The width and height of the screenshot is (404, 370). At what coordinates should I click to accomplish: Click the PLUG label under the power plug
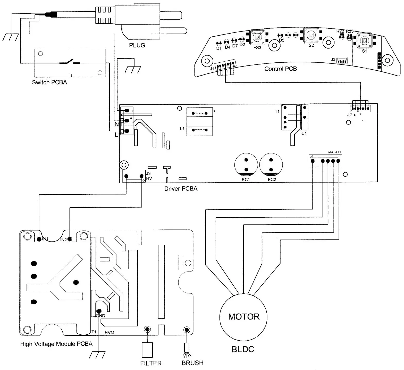137,45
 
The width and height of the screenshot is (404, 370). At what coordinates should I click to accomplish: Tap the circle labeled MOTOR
243,317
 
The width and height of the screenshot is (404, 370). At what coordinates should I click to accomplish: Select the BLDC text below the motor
243,349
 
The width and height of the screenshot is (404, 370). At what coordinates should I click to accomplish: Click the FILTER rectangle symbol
147,350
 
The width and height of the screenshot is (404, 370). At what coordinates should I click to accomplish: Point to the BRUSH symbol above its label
186,349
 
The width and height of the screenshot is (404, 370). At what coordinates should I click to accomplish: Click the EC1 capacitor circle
246,165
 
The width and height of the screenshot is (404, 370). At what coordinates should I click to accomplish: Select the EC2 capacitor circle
271,165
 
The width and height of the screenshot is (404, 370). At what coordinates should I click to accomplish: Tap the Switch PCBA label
49,83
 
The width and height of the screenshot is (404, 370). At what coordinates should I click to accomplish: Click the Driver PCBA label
181,189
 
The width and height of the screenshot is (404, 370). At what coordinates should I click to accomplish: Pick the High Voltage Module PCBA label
56,344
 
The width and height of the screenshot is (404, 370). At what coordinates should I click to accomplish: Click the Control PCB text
281,69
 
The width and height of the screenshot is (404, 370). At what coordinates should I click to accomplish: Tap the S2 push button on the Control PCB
311,35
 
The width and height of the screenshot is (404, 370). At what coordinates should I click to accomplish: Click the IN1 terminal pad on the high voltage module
39,239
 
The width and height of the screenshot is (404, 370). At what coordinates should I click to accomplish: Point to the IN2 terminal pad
70,239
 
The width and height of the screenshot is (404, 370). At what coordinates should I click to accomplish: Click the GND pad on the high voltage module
99,311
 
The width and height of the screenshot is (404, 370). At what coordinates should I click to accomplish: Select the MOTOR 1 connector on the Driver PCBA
325,161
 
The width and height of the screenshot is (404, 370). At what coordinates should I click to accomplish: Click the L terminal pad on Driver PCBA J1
127,131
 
